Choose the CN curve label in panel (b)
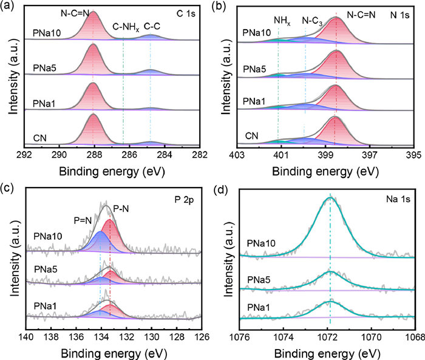click(251, 135)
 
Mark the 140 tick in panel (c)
click(26, 335)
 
